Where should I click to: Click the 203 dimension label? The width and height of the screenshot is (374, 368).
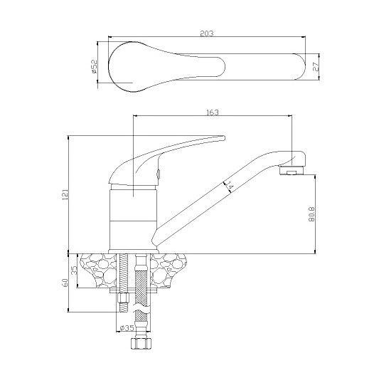tap(207, 33)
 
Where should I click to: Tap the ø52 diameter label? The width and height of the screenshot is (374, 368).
tap(95, 66)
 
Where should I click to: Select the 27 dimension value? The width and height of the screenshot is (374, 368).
tap(315, 67)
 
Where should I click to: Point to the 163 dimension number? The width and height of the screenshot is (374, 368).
tap(212, 112)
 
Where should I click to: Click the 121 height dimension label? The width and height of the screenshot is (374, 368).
tap(65, 194)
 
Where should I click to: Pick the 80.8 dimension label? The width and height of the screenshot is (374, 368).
tap(311, 214)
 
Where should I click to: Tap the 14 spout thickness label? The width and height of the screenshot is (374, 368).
tap(229, 186)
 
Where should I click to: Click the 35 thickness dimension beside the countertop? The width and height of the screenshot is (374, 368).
tap(75, 270)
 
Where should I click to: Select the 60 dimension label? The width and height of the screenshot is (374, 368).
tap(65, 283)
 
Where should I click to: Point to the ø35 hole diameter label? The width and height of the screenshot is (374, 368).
tap(127, 328)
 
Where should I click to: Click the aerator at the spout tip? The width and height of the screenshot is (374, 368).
tap(291, 170)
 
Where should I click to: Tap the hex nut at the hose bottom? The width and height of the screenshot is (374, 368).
tap(141, 344)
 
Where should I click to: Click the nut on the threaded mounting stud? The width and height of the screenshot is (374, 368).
tap(123, 298)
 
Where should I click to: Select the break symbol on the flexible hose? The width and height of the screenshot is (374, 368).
tap(141, 308)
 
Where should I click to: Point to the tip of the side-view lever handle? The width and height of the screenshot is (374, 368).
tap(225, 138)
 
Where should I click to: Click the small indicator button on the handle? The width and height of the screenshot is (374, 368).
tap(158, 173)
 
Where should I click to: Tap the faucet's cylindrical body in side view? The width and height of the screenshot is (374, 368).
tap(133, 220)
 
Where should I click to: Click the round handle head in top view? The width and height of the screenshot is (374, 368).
tap(124, 67)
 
